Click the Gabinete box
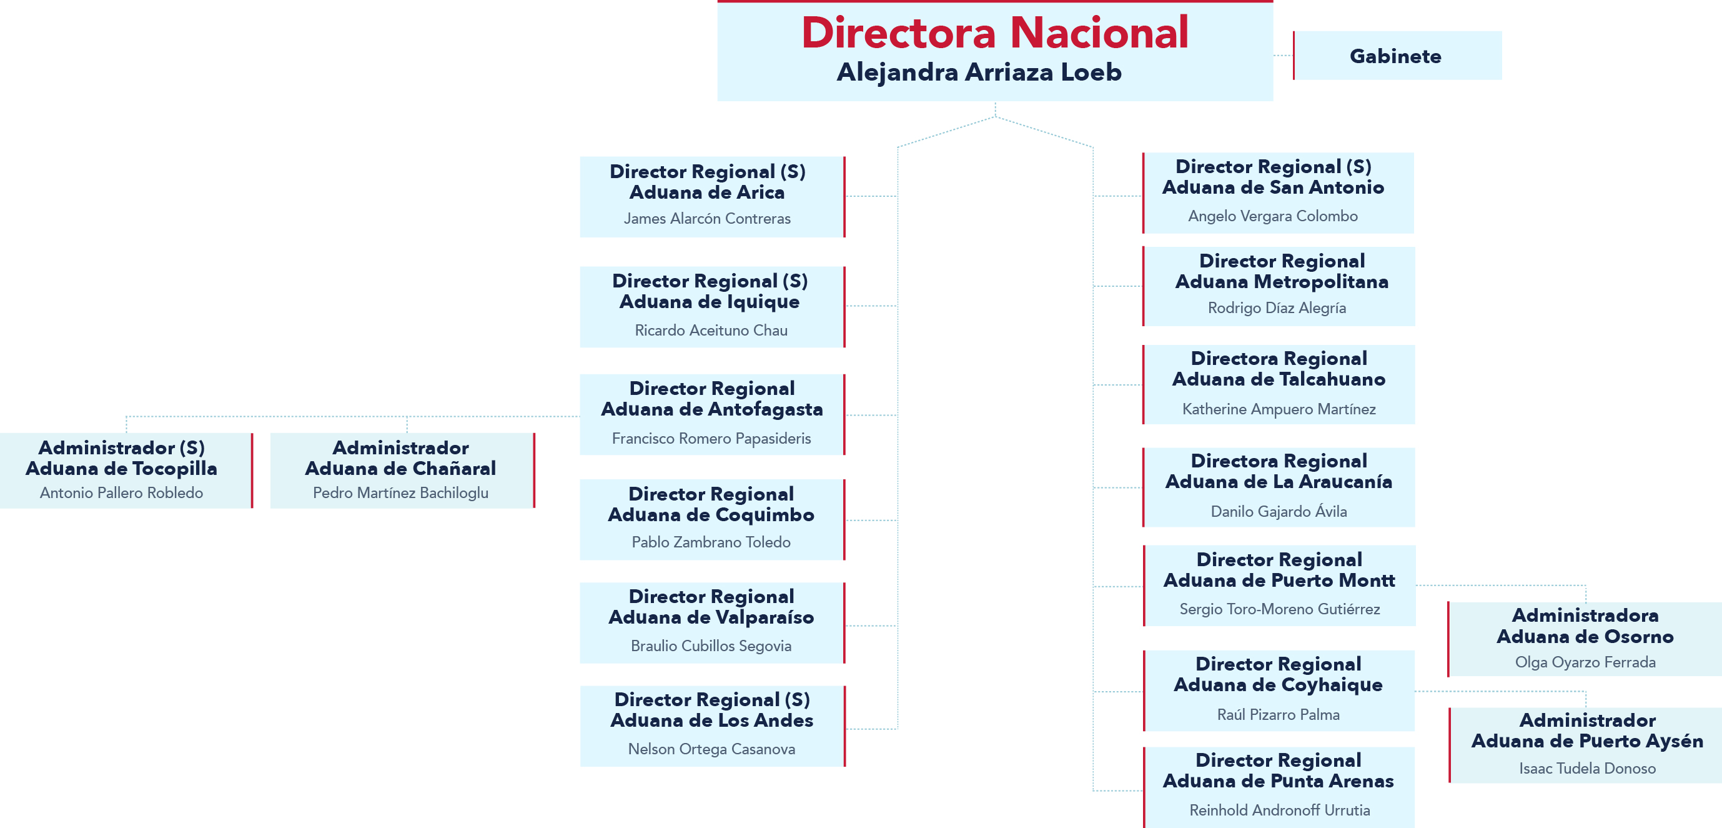(x=1396, y=56)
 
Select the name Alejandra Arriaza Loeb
(x=979, y=72)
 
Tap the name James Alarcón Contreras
(x=706, y=219)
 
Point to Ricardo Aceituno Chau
(x=711, y=331)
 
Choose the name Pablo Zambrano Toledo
(x=711, y=542)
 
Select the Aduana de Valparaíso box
(x=711, y=622)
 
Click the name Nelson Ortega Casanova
(x=711, y=749)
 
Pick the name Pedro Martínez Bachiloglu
(x=400, y=493)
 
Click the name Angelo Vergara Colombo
(x=1272, y=216)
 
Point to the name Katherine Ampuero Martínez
(x=1278, y=409)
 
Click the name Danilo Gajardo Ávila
(x=1278, y=512)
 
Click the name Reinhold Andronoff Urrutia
(x=1279, y=811)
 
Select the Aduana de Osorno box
(x=1585, y=639)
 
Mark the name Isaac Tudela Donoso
(x=1586, y=769)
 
